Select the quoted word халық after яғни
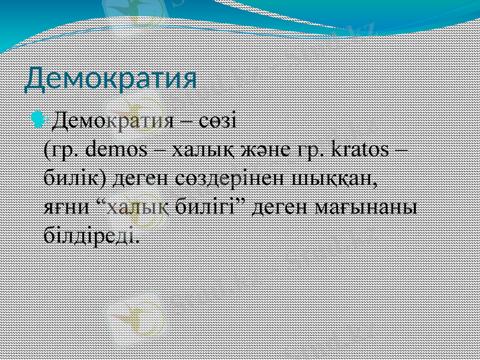pos(133,206)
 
